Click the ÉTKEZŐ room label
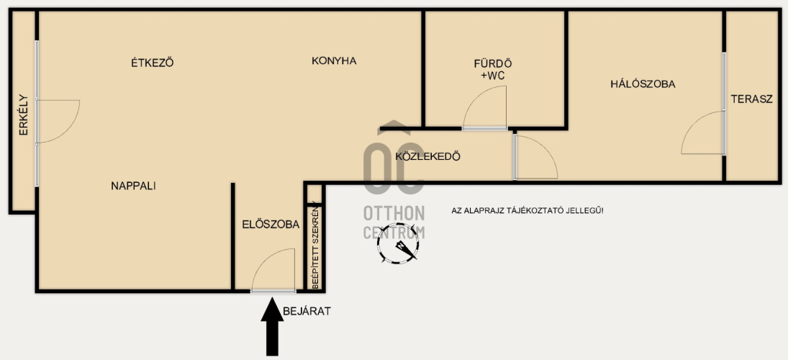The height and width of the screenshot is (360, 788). pos(153,63)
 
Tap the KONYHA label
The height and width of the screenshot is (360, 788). pos(334,60)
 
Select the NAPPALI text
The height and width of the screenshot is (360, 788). pos(134,186)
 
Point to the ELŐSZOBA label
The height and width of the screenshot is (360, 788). pos(271,224)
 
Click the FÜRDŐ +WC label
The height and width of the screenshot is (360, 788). pos(493,69)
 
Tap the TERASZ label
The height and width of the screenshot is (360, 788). pos(751,99)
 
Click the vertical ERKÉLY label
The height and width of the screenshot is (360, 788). pos(24,115)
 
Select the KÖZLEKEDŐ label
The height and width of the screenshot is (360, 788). pos(428,156)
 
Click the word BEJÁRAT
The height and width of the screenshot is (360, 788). pos(307,311)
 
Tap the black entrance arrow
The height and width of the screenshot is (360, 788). pos(273,326)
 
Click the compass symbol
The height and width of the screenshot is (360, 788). pos(398,244)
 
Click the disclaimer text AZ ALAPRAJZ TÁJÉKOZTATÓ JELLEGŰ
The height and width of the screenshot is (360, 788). pos(527,210)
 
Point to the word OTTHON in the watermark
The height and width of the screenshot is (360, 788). pos(394,213)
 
